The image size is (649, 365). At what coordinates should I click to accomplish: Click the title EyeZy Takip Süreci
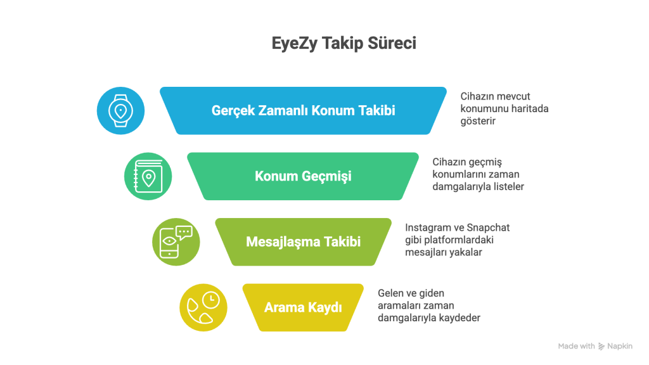[x=344, y=44]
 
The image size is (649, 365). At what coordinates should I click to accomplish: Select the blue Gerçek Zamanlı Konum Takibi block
[x=303, y=110]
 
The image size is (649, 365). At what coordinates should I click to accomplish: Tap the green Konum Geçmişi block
[x=303, y=176]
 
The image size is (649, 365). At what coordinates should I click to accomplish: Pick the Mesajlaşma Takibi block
[x=303, y=241]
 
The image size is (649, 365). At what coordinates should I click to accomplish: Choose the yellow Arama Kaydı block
[x=303, y=307]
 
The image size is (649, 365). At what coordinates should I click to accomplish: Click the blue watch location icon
[x=120, y=110]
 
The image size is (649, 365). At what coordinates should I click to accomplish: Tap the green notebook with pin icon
[x=148, y=176]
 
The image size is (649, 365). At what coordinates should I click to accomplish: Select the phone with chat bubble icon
[x=176, y=241]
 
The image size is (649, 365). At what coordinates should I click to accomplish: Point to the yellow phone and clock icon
[x=203, y=307]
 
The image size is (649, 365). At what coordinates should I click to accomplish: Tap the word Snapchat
[x=488, y=228]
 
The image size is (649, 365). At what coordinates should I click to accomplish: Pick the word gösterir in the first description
[x=478, y=121]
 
